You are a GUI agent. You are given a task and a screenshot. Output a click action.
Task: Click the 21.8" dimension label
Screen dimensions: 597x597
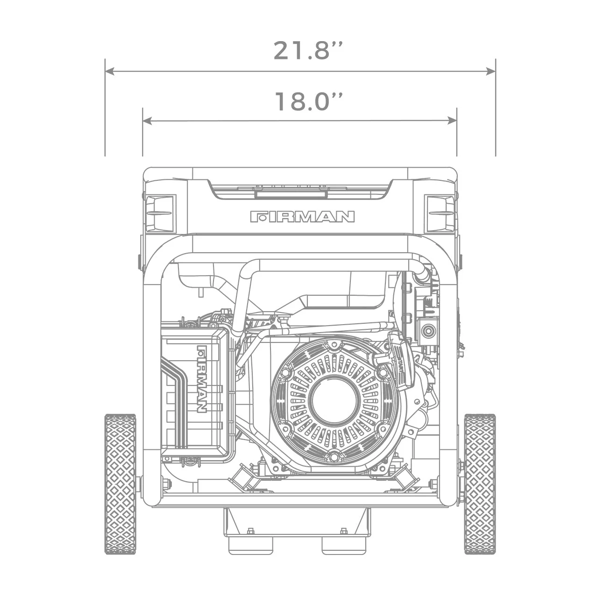[308, 50]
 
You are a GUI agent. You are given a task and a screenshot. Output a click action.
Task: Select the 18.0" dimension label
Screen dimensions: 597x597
[308, 101]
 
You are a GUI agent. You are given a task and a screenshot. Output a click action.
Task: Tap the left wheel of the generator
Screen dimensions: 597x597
[120, 483]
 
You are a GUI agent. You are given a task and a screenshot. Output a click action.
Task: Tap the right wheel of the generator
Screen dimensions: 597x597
[480, 483]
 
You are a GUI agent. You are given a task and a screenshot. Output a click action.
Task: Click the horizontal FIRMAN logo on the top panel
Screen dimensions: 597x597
[302, 217]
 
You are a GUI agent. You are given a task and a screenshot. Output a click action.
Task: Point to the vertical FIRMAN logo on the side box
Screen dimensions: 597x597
[202, 379]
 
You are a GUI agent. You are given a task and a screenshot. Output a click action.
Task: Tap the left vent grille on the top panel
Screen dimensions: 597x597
[160, 214]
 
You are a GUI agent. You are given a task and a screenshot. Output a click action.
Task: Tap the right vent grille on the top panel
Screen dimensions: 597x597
[440, 214]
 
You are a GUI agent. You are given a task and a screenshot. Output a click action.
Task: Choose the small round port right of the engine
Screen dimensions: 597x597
[426, 331]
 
